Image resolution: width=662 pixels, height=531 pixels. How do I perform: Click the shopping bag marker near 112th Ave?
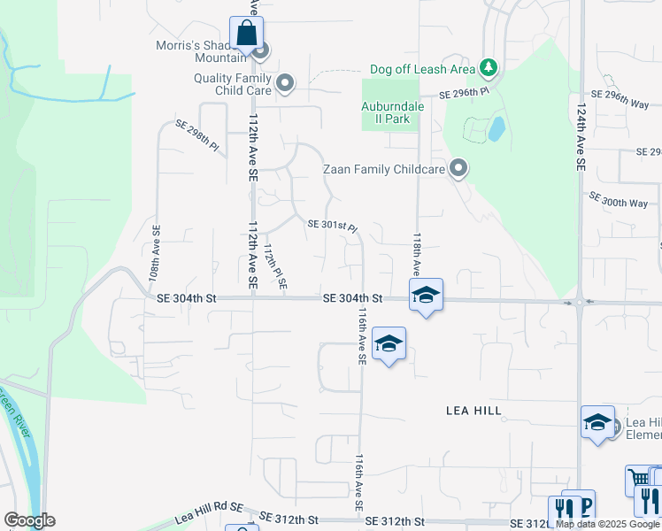(247, 35)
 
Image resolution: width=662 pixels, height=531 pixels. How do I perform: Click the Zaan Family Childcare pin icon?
(458, 167)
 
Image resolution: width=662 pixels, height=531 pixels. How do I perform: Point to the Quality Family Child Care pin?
(285, 84)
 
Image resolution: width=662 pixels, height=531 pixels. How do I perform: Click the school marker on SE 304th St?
(426, 296)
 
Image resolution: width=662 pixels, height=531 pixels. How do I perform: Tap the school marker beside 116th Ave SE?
(389, 344)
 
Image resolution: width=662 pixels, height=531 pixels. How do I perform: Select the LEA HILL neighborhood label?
(474, 411)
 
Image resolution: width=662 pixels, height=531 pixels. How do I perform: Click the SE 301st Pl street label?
(333, 226)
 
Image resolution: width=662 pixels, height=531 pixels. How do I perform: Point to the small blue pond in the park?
(496, 129)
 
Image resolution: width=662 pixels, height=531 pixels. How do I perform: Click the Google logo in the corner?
(29, 520)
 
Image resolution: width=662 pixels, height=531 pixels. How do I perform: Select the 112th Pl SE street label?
(274, 266)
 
